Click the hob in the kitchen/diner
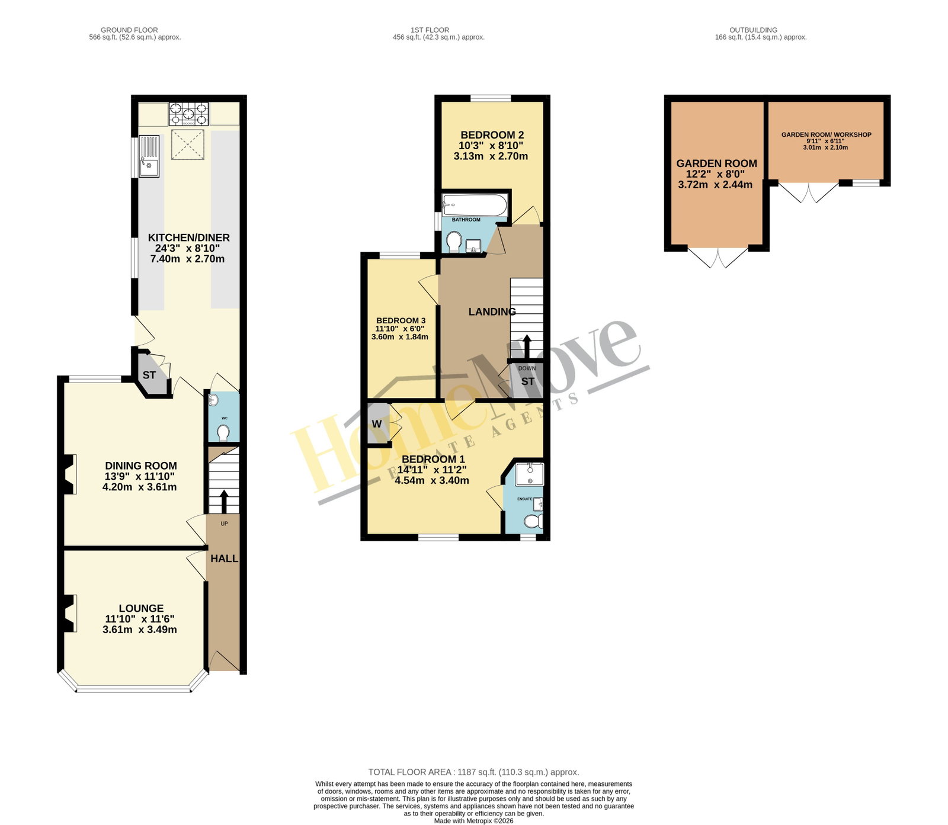(x=189, y=114)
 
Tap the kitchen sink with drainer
(x=149, y=156)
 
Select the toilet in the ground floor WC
(x=223, y=434)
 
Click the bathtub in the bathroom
(x=475, y=206)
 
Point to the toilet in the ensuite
(x=533, y=521)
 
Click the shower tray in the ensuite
(x=529, y=474)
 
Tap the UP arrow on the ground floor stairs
(x=223, y=501)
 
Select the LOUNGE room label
(x=141, y=608)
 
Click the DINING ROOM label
(x=141, y=466)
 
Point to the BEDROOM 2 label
(x=492, y=135)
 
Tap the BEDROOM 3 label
(x=401, y=320)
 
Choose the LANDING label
(x=492, y=312)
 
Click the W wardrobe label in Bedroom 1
(x=377, y=424)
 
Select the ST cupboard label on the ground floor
(x=149, y=375)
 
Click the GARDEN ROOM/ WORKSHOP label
(x=826, y=134)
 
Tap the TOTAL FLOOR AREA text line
(x=473, y=772)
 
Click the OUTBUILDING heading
(x=753, y=30)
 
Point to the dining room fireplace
(x=69, y=474)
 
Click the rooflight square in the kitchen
(x=188, y=145)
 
